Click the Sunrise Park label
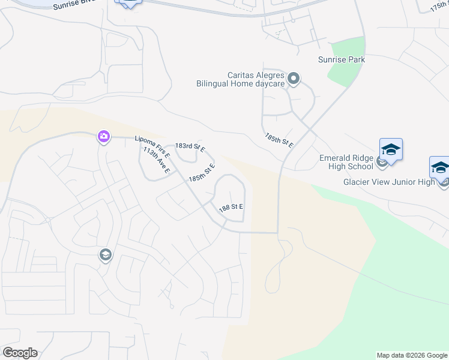(341, 59)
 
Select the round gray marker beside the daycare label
(294, 78)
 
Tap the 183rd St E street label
(190, 147)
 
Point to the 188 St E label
(231, 207)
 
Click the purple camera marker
(104, 137)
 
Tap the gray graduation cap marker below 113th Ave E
(105, 256)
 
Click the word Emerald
(334, 158)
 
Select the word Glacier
(358, 182)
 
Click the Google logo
(20, 353)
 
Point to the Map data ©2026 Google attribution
(412, 355)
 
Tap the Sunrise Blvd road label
(74, 5)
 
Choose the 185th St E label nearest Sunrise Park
(279, 141)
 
